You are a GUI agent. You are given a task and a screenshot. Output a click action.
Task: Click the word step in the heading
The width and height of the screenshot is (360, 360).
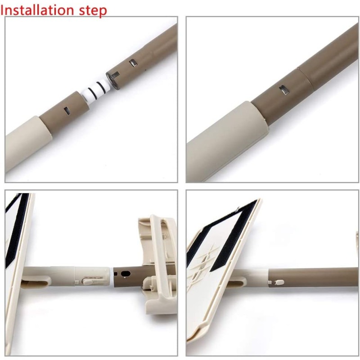point(93,11)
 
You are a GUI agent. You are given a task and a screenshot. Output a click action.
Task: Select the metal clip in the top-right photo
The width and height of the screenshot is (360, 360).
point(284,89)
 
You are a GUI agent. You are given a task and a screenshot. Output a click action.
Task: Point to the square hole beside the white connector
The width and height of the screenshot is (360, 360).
point(67,110)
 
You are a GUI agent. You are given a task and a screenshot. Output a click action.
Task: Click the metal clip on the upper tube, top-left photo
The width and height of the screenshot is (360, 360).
point(133,63)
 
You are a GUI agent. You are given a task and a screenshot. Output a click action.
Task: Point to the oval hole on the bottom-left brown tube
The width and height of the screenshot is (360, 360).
point(126,274)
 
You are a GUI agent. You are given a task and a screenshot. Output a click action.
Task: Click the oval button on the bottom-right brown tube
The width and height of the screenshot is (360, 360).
point(279,282)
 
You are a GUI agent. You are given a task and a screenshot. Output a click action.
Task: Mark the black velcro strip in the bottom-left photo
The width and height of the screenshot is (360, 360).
point(17,229)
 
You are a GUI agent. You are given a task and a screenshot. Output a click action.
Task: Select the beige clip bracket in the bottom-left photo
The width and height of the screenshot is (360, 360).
point(158,264)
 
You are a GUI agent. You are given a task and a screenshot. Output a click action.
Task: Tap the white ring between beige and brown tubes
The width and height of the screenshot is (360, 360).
point(112,276)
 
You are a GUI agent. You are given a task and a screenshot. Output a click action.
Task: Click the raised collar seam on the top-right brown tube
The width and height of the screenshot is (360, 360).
point(306,78)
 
